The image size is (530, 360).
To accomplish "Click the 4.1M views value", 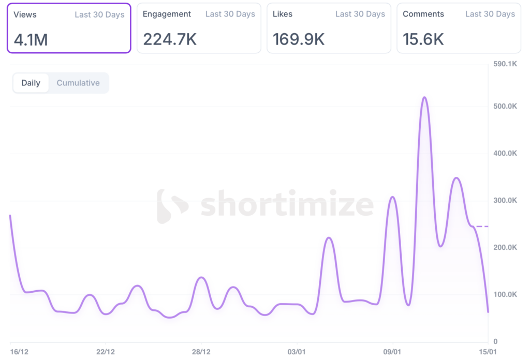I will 31,39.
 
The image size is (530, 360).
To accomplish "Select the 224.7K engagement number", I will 170,39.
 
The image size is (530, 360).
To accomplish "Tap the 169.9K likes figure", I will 299,39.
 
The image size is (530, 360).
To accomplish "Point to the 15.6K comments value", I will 423,39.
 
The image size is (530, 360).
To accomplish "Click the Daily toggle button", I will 31,83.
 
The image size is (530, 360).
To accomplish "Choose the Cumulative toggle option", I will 78,83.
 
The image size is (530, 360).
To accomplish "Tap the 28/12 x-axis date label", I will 201,352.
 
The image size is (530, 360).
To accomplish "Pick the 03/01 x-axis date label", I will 297,352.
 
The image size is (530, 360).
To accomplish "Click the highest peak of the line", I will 424,97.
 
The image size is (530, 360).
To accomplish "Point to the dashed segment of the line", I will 482,227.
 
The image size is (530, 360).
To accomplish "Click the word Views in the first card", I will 25,14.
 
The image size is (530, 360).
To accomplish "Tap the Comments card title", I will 423,14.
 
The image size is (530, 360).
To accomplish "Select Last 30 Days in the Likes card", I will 360,14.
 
